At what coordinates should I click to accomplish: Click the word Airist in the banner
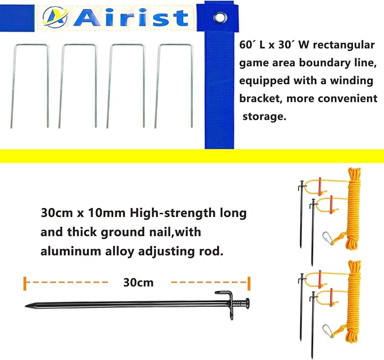click(131, 18)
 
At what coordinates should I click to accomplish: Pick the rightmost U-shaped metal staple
click(174, 85)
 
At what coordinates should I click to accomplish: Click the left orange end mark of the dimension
click(25, 283)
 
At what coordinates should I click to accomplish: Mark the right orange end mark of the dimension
click(249, 283)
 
